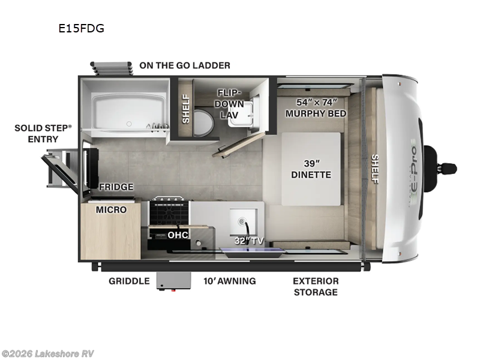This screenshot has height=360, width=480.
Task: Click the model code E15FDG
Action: (81, 28)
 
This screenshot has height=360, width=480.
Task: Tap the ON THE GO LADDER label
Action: (184, 65)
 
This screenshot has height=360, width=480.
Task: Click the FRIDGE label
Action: (116, 187)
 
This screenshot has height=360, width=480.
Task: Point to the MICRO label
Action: (111, 209)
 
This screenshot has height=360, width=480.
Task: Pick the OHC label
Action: (179, 235)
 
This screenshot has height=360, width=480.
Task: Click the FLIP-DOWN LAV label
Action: (230, 103)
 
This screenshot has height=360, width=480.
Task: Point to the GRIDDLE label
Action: (129, 281)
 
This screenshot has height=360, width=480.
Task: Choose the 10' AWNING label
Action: (229, 281)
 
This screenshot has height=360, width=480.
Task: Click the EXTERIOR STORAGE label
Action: (316, 286)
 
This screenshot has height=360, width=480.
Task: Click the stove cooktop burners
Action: (169, 211)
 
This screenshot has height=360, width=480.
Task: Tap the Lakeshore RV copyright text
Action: (48, 353)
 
